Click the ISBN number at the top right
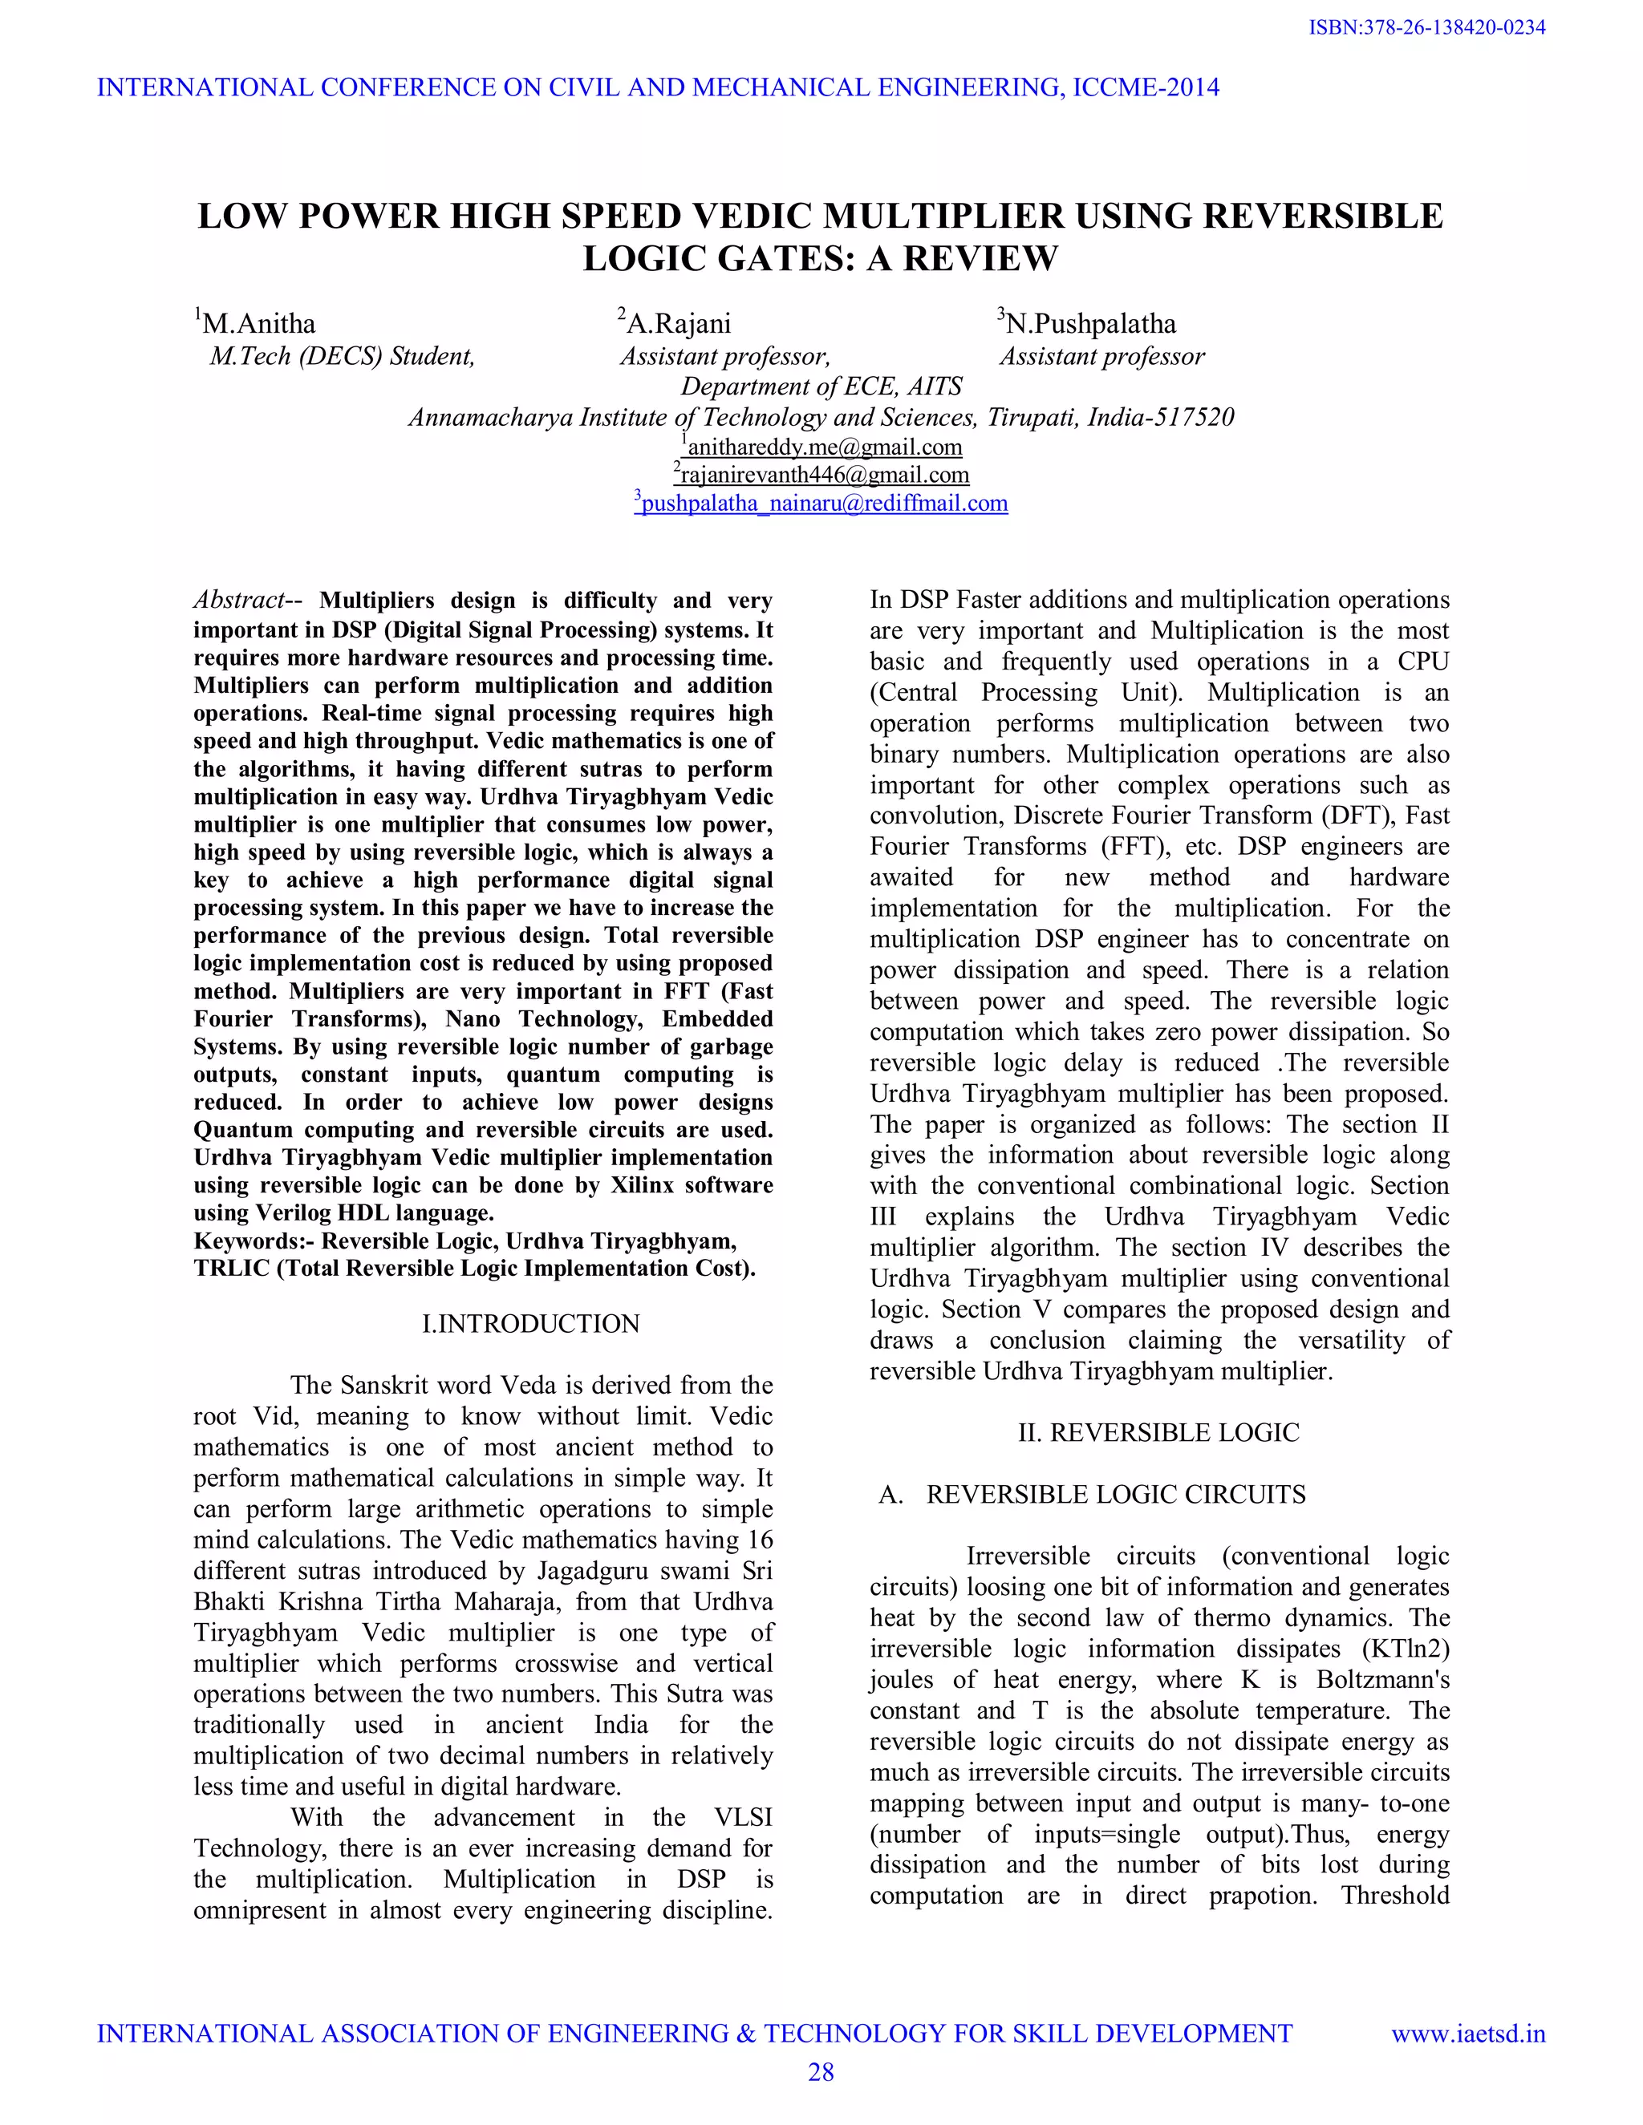tap(1427, 28)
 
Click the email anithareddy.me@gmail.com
tap(823, 447)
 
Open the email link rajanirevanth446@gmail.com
tap(823, 475)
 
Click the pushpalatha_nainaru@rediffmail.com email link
tap(823, 503)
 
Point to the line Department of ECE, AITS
tap(821, 387)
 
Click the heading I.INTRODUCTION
tap(530, 1323)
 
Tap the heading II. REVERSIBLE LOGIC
tap(1158, 1432)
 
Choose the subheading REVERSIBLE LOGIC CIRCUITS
tap(1115, 1495)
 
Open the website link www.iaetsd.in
tap(1468, 2034)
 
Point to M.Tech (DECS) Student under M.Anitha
tap(343, 356)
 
